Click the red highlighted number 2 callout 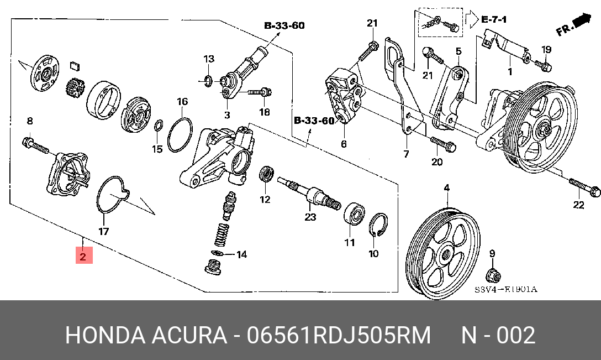(83, 256)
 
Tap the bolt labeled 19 (542, 66)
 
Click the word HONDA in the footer (104, 336)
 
